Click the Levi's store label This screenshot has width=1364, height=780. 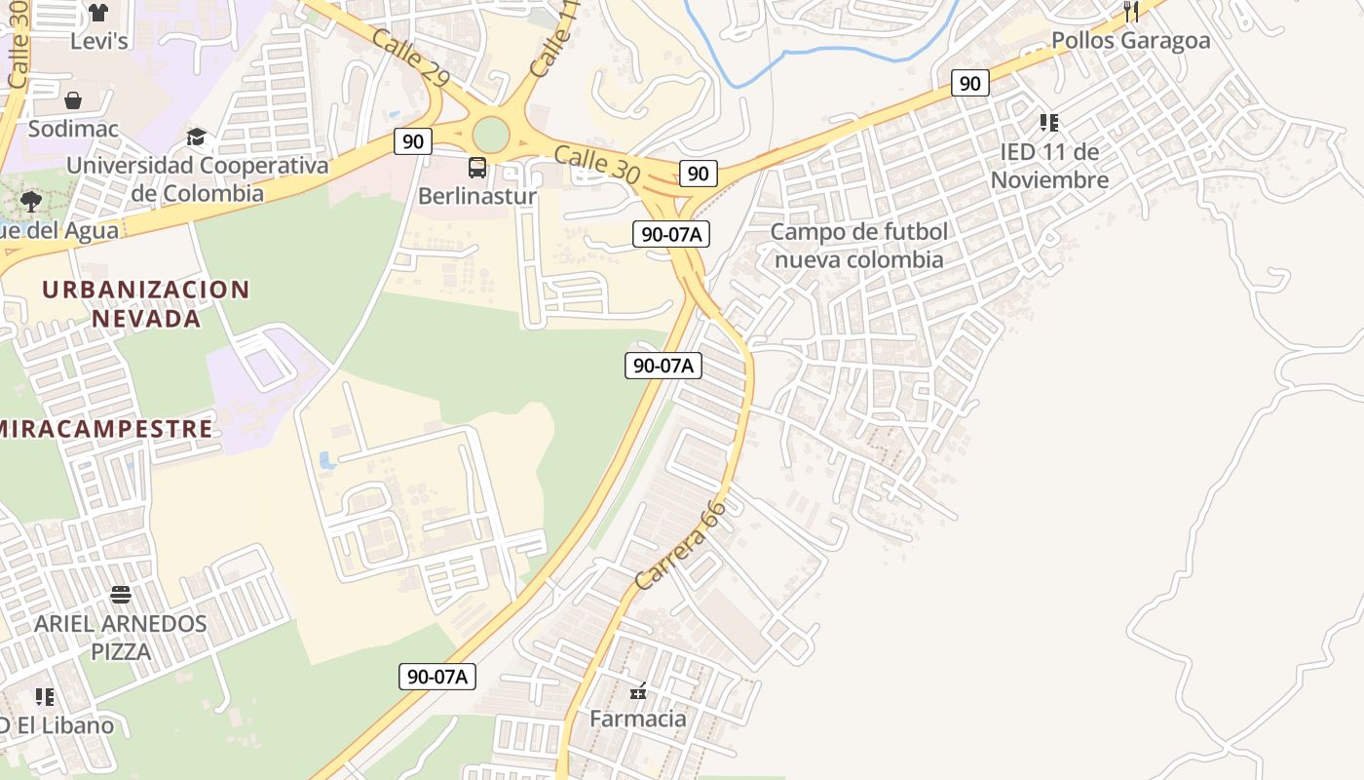tap(99, 41)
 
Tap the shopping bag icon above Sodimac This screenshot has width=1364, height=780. tap(73, 100)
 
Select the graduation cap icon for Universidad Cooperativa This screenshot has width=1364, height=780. tap(197, 136)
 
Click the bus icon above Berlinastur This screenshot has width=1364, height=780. tap(477, 168)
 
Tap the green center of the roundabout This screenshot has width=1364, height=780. tap(491, 135)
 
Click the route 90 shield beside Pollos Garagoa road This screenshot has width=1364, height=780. tap(969, 83)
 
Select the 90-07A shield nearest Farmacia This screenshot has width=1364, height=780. tap(437, 676)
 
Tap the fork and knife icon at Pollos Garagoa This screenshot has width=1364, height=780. tap(1131, 12)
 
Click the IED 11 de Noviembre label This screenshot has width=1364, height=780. tap(1049, 166)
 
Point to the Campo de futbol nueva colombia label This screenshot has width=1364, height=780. tap(858, 246)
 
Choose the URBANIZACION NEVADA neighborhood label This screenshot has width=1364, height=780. tap(146, 303)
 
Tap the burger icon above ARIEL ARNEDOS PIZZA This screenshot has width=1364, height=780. tap(121, 594)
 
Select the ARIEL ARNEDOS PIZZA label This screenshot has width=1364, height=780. tap(121, 637)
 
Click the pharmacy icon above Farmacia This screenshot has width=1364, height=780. tap(638, 692)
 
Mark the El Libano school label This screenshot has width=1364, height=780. tap(58, 725)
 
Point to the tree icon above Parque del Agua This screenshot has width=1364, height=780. tap(31, 202)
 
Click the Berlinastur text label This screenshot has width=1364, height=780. tap(477, 196)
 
